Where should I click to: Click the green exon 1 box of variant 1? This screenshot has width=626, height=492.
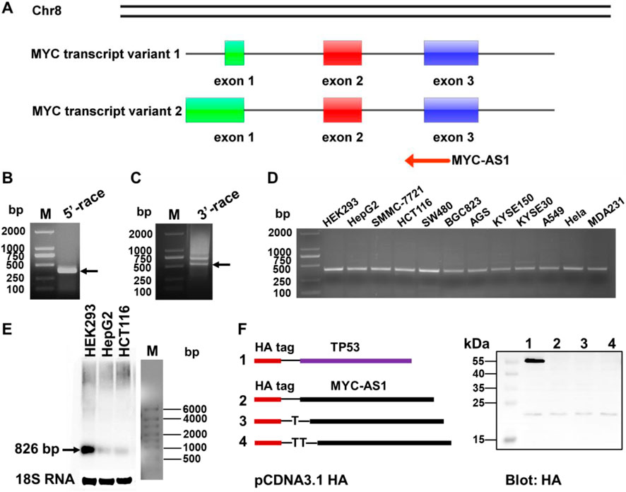235,53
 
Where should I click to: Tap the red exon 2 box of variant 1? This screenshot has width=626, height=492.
343,53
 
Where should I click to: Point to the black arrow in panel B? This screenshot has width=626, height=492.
90,270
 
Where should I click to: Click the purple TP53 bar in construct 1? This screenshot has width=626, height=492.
355,361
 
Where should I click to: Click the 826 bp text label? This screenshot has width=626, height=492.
35,448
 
